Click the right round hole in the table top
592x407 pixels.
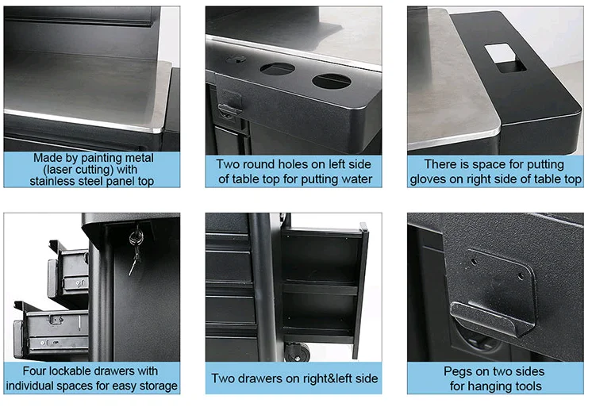tap(331, 81)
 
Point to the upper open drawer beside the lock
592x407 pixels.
tap(69, 270)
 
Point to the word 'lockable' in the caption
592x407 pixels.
tap(82, 371)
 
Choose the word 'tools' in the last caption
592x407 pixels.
tap(524, 386)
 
